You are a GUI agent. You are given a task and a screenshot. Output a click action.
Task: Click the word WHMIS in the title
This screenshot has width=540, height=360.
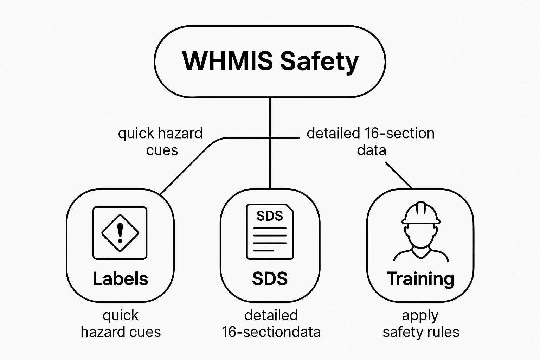pos(227,61)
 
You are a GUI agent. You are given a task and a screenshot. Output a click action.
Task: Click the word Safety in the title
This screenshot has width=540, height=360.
pos(319,62)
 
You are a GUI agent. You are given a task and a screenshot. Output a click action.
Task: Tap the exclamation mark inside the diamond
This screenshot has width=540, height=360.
pos(120,232)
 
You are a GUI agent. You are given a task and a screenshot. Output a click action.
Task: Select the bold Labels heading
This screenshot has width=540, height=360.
pos(120,278)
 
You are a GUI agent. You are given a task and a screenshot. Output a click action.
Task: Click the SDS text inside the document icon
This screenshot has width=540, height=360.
pos(270,216)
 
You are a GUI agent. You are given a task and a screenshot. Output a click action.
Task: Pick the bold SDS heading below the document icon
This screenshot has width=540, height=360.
pos(270,278)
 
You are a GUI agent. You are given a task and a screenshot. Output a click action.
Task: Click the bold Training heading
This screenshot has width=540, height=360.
pos(420,278)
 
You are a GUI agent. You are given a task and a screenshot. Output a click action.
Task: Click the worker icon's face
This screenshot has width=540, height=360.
pos(421,236)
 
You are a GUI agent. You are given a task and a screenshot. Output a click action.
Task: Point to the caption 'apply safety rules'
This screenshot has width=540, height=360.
pos(420,324)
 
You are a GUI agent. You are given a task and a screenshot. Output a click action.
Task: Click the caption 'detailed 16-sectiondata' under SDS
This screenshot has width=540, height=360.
pos(271,324)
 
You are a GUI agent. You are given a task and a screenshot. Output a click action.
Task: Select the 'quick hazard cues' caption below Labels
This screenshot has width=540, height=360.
pos(120,324)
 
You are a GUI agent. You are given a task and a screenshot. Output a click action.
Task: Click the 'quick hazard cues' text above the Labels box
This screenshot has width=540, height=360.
pos(161,141)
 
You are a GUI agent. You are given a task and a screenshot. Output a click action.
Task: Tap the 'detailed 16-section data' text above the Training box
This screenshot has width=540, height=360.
pos(371,141)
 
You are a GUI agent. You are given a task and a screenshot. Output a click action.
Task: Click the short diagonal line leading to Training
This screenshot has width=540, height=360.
pos(399,175)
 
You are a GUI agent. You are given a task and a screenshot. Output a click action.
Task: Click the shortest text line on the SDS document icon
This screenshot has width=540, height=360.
pos(264,250)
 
